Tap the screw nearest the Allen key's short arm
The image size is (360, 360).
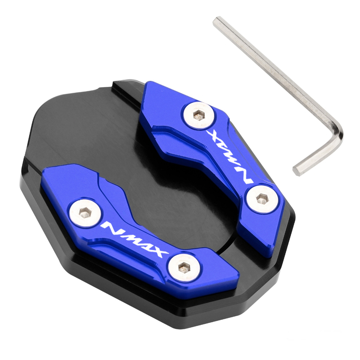pyautogui.click(x=261, y=198)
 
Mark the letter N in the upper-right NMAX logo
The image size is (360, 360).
pyautogui.click(x=246, y=175)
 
